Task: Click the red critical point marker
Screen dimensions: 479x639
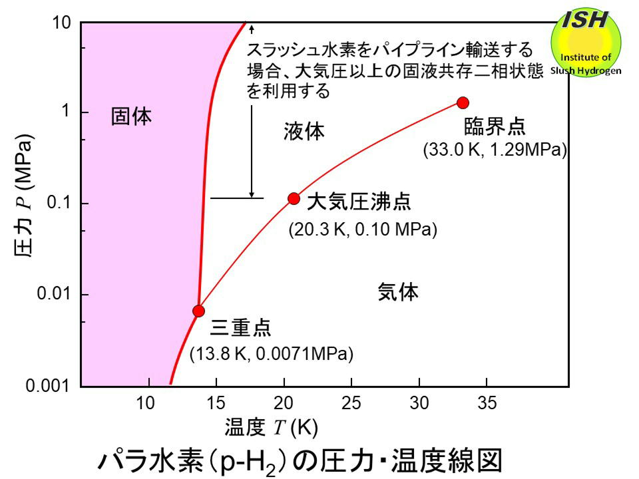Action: pyautogui.click(x=463, y=102)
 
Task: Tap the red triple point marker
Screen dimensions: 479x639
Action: pyautogui.click(x=198, y=311)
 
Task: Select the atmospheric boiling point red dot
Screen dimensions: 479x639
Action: pyautogui.click(x=294, y=198)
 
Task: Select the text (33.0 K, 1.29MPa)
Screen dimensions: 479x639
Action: pyautogui.click(x=495, y=150)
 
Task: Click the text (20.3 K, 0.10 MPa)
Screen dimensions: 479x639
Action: pyautogui.click(x=362, y=231)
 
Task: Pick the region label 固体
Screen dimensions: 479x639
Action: pyautogui.click(x=131, y=117)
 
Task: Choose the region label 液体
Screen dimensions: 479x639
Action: pyautogui.click(x=304, y=132)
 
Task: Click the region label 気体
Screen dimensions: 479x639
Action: pyautogui.click(x=398, y=291)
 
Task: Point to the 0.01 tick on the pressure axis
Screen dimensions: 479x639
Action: pyautogui.click(x=57, y=295)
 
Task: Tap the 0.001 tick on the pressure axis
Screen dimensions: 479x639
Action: pyautogui.click(x=53, y=386)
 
